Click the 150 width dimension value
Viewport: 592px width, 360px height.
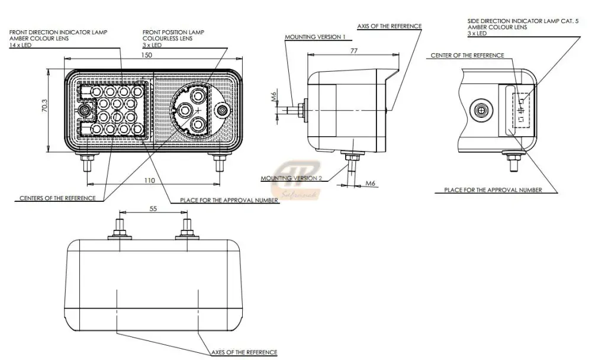pos(147,54)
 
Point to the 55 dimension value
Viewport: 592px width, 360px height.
pos(153,209)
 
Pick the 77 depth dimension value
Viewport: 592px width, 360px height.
pos(353,51)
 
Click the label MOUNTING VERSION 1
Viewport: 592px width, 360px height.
pos(315,37)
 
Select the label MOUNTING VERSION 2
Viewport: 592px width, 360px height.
pos(291,178)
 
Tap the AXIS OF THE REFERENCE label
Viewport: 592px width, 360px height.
pos(389,27)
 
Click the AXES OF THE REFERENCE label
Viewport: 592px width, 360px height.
pos(244,353)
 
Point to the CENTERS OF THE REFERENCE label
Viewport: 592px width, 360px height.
pos(57,198)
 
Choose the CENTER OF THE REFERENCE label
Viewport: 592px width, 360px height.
pos(467,56)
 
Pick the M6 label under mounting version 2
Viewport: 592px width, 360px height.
pos(371,184)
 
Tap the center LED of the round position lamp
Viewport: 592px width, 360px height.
pos(185,110)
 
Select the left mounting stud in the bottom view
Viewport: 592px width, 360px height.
pos(120,229)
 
